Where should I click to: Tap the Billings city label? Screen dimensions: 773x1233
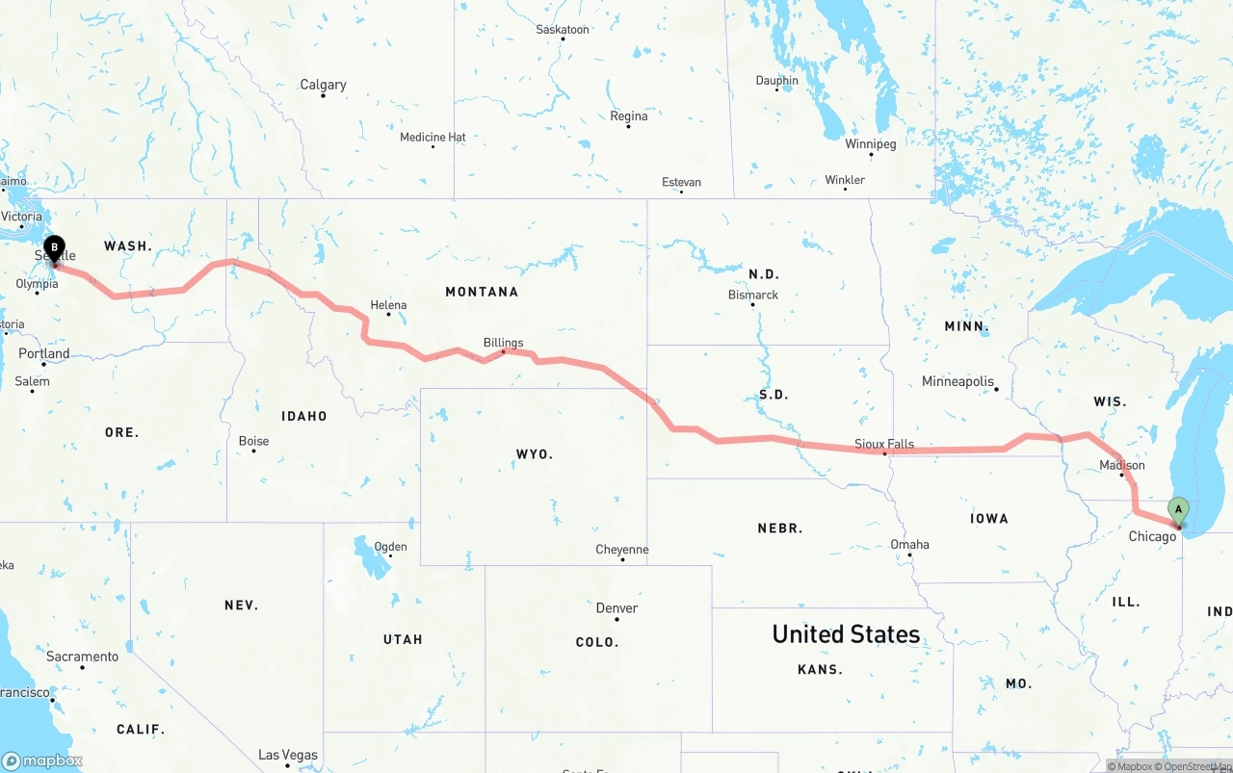point(504,343)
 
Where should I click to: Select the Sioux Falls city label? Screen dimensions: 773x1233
point(884,444)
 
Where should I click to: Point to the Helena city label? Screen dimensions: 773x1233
point(388,305)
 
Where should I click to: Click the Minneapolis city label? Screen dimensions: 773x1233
point(958,381)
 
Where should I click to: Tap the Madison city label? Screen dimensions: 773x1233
point(1122,465)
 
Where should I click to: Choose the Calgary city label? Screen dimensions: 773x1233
point(323,85)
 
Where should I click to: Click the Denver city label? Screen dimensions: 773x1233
point(616,607)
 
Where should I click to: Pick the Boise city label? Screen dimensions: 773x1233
point(254,441)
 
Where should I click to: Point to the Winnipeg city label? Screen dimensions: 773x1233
point(871,144)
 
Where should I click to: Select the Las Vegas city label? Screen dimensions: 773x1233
point(288,755)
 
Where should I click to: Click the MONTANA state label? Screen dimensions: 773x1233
point(482,292)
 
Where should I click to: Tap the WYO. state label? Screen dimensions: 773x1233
point(535,453)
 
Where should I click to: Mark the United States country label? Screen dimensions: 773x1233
point(846,634)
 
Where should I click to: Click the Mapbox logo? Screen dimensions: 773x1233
point(42,760)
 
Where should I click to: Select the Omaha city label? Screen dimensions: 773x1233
point(909,544)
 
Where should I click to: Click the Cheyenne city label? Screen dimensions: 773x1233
point(621,550)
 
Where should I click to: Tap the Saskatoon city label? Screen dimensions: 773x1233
point(563,30)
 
